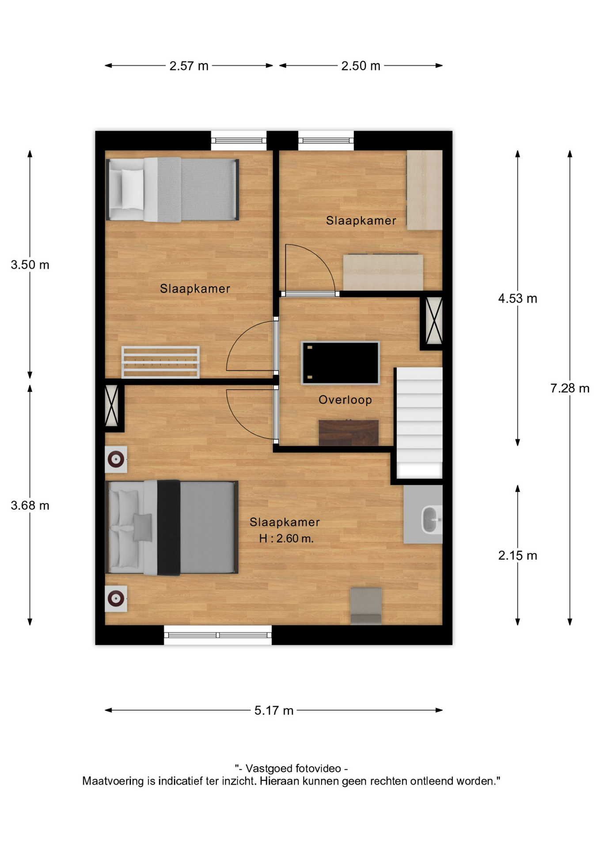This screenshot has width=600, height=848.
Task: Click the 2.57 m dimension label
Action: click(189, 66)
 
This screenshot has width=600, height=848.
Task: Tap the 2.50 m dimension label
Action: click(361, 66)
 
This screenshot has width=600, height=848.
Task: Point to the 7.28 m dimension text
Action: click(570, 388)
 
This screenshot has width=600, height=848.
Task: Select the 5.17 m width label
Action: click(274, 711)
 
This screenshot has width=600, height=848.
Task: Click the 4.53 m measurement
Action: click(517, 299)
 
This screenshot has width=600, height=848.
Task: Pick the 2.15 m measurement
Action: click(517, 556)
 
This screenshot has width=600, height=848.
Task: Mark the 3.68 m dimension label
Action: click(30, 506)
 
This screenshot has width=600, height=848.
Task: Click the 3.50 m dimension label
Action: click(30, 265)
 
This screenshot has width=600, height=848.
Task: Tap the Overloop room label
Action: click(345, 400)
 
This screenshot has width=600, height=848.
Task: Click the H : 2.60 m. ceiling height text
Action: click(286, 538)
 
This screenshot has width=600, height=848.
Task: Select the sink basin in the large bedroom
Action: click(431, 519)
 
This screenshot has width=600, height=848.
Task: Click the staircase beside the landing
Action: click(419, 423)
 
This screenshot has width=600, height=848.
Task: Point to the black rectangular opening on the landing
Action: click(340, 363)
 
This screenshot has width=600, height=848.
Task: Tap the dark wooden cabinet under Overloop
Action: click(349, 432)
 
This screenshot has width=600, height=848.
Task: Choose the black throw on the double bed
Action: click(168, 527)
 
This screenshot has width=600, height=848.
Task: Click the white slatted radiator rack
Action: click(160, 362)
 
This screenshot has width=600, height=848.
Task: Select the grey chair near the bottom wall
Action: click(366, 606)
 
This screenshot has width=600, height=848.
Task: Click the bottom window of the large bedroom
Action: click(218, 635)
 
